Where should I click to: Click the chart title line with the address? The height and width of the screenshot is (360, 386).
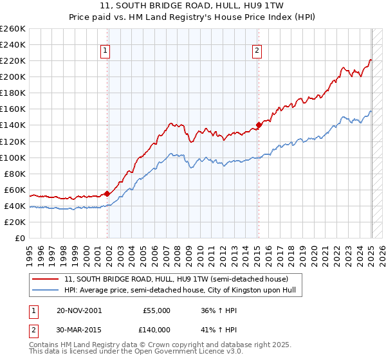[193, 5]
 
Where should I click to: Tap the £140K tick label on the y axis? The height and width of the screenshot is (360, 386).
[13, 125]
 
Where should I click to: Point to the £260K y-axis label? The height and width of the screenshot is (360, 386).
[13, 29]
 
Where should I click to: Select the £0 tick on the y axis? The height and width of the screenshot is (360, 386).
[21, 239]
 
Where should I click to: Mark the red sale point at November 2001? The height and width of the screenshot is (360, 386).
[107, 194]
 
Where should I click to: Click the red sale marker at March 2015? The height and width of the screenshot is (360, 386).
[259, 125]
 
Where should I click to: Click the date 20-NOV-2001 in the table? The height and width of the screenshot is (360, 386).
[79, 310]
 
